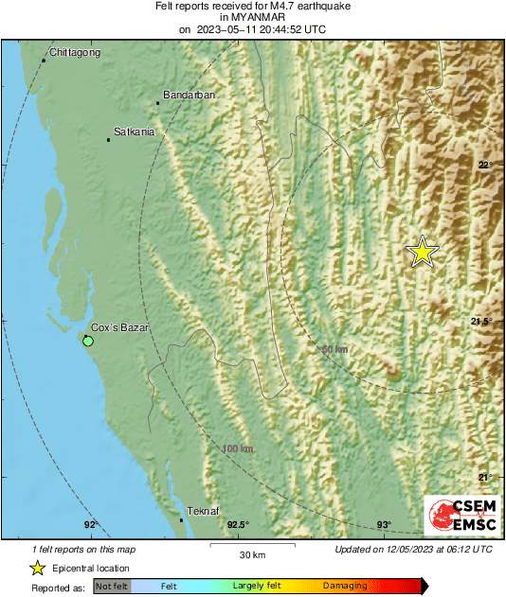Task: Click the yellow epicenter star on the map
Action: [423, 252]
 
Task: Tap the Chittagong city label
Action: [74, 52]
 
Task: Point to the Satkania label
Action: [134, 132]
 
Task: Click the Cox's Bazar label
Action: [119, 327]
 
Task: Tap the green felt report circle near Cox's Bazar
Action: [88, 340]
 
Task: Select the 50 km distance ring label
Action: [334, 350]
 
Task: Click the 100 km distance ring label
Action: [237, 448]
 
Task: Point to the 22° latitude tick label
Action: [484, 166]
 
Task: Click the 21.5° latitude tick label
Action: [481, 322]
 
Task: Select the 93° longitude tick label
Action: [384, 525]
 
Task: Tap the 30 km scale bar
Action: [251, 547]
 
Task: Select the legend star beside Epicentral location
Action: [37, 568]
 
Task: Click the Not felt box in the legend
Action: [112, 587]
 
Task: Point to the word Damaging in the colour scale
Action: [345, 587]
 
